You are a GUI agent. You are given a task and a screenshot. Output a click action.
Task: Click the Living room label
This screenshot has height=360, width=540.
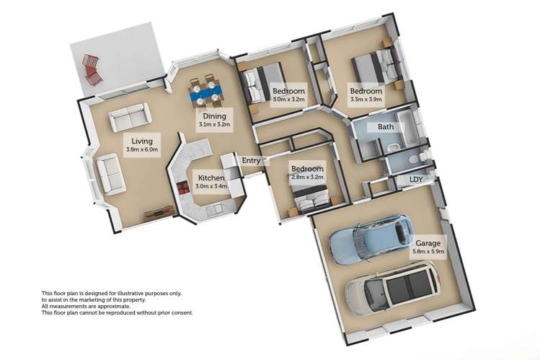coord(142,141)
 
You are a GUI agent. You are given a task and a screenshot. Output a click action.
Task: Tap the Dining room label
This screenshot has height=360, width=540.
coord(214,116)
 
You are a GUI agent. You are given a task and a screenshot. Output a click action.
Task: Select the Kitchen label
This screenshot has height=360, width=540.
coord(211,177)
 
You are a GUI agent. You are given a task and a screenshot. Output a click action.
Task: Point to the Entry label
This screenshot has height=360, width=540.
coord(251,161)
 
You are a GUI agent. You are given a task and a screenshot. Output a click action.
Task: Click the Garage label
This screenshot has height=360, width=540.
coord(428,243)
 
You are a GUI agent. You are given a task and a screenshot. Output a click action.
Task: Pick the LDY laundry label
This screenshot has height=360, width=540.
coord(416,179)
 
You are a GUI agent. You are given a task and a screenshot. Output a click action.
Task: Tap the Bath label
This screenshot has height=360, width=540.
coord(386,127)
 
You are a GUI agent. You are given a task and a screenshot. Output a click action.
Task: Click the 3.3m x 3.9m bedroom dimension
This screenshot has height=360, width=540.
coord(366,100)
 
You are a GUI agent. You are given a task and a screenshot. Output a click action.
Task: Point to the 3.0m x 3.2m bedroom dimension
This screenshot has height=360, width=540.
coord(288,100)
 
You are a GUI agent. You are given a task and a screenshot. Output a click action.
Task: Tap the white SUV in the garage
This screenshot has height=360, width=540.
coord(393,289)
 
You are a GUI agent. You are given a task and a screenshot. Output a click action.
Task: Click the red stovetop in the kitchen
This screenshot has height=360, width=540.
coord(183,188)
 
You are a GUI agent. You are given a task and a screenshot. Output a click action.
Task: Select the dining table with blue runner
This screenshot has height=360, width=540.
coord(206,92)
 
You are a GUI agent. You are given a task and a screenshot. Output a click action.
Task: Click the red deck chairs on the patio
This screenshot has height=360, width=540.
coord(92,69)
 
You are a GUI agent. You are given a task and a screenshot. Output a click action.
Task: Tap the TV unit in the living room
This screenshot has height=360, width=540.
coord(159,212)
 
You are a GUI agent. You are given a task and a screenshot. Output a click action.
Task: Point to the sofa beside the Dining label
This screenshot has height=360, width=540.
coord(130,117)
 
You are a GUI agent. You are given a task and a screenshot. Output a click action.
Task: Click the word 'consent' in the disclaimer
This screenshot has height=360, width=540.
coord(182,313)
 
